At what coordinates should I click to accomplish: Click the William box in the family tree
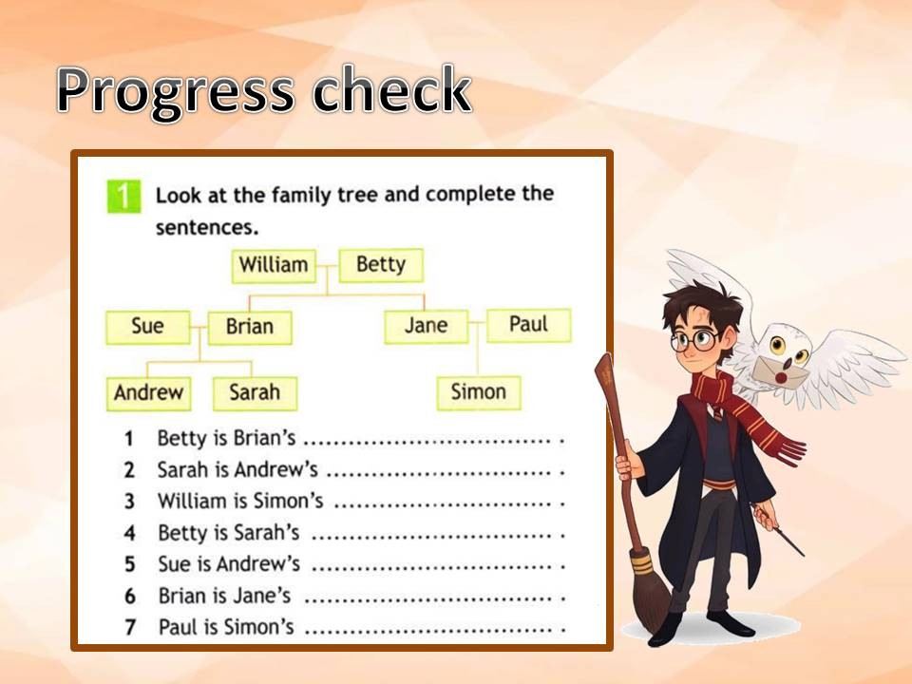point(274,266)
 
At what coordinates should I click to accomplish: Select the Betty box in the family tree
point(381,265)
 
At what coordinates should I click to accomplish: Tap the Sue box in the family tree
point(148,327)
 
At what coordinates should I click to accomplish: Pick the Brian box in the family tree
point(250,328)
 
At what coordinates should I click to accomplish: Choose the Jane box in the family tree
point(427,326)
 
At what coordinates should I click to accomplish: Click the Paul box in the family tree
point(529,325)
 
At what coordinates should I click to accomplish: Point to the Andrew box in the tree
point(149,393)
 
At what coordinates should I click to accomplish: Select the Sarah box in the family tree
point(255,393)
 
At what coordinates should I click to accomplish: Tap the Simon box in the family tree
point(479,392)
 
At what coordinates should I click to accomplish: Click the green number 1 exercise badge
point(123,197)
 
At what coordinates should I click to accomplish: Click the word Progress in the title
point(175,91)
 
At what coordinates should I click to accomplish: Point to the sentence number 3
point(129,502)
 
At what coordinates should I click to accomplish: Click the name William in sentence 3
point(193,501)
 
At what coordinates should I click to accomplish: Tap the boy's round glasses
point(694,340)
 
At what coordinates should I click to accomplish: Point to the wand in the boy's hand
point(779,530)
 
